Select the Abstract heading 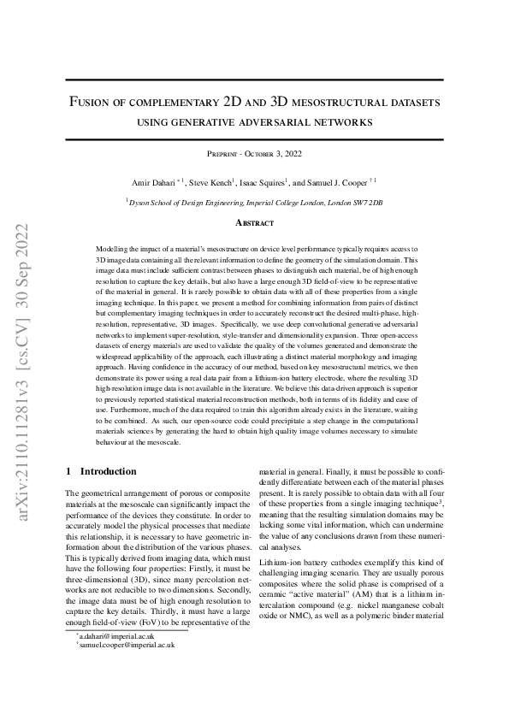(x=254, y=223)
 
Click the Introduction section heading (x=108, y=471)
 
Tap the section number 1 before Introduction (x=68, y=471)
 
